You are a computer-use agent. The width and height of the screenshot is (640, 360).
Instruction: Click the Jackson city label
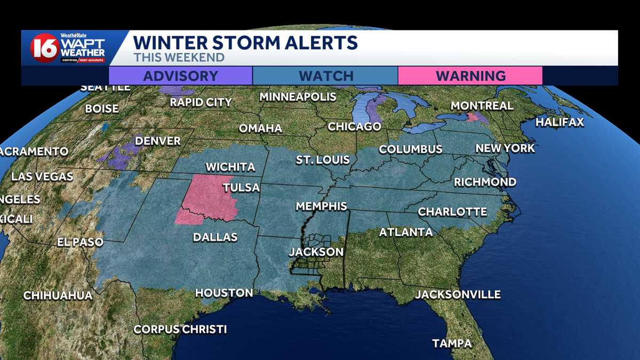point(316,252)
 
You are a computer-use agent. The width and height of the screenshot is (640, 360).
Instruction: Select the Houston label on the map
point(224,293)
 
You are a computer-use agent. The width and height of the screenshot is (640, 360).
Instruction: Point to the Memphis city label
point(322,206)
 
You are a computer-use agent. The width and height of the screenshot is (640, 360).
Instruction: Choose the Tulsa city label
point(241,188)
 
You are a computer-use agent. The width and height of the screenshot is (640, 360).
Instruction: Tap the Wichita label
point(230,167)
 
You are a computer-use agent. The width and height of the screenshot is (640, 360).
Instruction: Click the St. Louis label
point(323,160)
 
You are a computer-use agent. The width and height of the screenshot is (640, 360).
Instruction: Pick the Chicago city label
point(354,127)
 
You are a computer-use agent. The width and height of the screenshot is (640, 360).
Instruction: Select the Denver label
point(158,141)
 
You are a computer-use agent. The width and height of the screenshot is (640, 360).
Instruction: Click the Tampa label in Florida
point(452,343)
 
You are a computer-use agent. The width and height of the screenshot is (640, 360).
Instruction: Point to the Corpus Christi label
point(180,329)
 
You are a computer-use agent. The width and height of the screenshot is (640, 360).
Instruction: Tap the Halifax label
point(559,123)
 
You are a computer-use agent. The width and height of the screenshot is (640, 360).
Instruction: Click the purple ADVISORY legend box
point(180,76)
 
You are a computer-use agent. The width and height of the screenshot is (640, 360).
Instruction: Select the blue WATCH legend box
point(325,76)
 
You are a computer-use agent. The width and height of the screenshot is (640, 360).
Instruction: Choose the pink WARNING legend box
point(470,76)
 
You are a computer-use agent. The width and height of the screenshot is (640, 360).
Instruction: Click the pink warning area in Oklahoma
point(209,197)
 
